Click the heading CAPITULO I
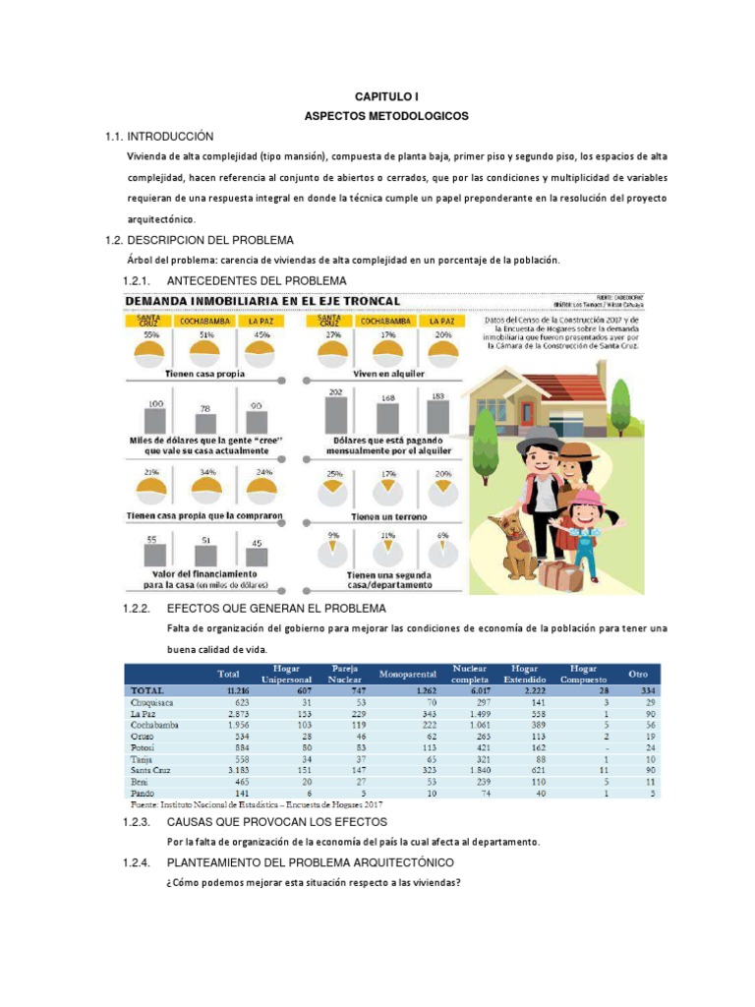point(386,97)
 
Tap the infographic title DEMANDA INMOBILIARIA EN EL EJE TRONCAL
point(261,300)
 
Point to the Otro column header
point(637,674)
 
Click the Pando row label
point(143,793)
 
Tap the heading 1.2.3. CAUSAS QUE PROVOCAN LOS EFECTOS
point(277,821)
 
